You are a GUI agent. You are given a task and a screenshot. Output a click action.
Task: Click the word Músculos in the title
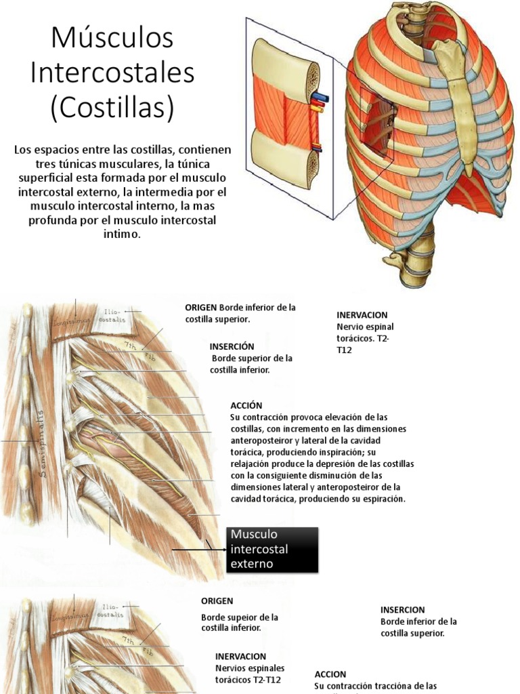click(112, 39)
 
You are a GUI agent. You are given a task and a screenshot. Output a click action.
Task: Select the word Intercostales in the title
click(112, 73)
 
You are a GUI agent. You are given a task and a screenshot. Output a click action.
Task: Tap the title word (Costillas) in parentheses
click(112, 107)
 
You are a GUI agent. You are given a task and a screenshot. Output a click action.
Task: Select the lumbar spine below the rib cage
click(406, 261)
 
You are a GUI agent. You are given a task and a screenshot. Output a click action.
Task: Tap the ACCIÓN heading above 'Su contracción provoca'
click(246, 405)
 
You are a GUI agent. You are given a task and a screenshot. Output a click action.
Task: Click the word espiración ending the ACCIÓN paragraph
click(382, 498)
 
